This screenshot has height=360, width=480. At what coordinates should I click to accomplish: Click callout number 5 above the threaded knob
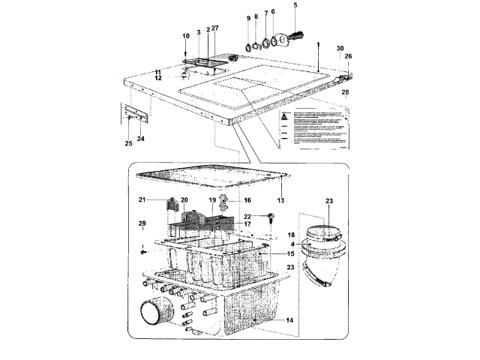tap(295, 5)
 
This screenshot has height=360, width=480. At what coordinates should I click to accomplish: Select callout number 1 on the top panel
tap(318, 45)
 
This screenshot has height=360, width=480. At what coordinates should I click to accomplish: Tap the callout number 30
tap(340, 47)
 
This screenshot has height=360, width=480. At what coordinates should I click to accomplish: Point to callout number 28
tap(346, 92)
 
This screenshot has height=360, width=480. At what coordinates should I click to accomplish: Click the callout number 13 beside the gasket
tap(282, 201)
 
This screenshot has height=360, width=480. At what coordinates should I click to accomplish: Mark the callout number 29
tap(141, 224)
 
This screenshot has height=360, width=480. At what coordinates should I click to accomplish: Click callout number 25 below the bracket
tap(128, 142)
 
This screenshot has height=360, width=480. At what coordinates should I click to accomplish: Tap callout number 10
tap(186, 36)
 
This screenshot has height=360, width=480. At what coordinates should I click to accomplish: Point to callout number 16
tap(247, 200)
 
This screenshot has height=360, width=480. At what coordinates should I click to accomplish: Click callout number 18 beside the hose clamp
tap(292, 235)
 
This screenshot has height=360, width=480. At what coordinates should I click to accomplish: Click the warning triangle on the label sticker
tap(286, 118)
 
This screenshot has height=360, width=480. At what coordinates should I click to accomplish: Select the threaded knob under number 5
tap(298, 34)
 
